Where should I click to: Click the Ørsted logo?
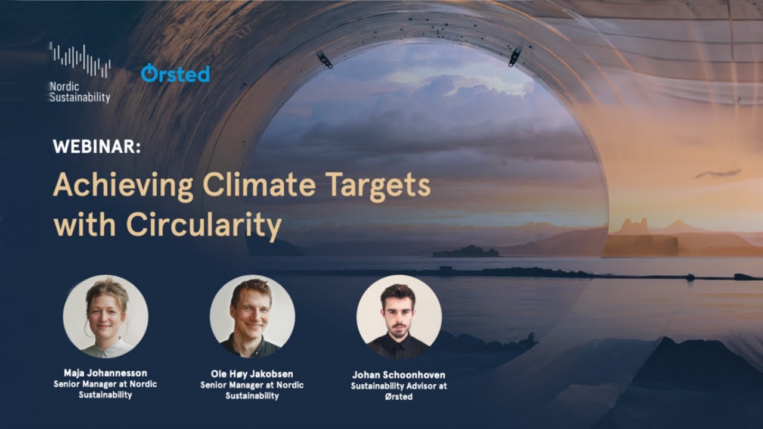(x=175, y=73)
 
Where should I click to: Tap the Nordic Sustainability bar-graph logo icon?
(x=79, y=60)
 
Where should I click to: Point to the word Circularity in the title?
(x=203, y=226)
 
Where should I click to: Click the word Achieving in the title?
(x=123, y=186)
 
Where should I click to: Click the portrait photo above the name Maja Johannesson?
(x=106, y=316)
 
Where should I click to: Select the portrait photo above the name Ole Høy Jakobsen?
(x=252, y=316)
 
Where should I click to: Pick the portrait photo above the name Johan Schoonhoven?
(x=399, y=317)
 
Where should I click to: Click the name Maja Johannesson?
(x=106, y=374)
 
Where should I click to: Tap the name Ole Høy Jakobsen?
(x=252, y=374)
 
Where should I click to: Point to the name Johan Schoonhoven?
(x=398, y=375)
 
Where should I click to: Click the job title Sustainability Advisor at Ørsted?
(x=398, y=391)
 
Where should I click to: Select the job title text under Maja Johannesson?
(x=106, y=390)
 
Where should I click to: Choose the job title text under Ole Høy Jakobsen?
(x=252, y=390)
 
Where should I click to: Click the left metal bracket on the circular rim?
(x=324, y=59)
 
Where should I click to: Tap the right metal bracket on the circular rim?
(x=514, y=56)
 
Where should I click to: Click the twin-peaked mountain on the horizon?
(x=634, y=227)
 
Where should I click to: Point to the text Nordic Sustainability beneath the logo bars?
(x=79, y=92)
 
